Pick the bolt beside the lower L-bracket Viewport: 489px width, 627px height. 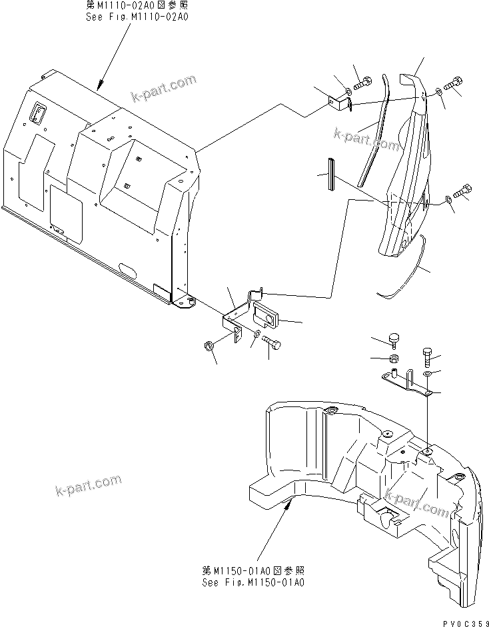click(x=272, y=342)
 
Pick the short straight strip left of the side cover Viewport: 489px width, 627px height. click(x=330, y=175)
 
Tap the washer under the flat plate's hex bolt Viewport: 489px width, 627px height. click(x=428, y=373)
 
